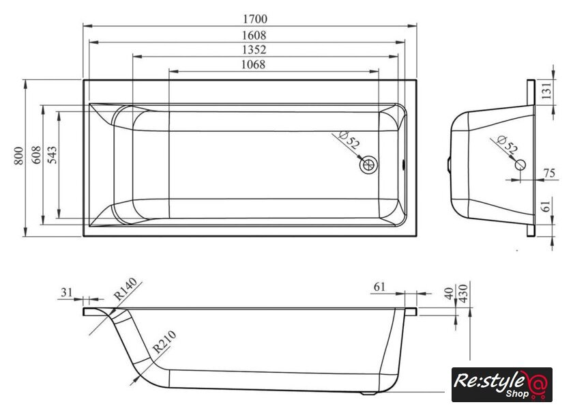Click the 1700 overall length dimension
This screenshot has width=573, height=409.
pos(255,18)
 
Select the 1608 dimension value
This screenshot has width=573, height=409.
pos(254,35)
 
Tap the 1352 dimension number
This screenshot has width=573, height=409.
pos(254,49)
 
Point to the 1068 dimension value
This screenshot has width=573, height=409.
pos(253,64)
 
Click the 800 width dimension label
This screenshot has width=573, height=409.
pos(18,156)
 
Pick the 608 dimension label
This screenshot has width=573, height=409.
pos(36,155)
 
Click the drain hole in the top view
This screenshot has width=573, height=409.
pos(368,165)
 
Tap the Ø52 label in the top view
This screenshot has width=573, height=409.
pos(349,140)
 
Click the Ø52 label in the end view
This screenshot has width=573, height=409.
pos(508,144)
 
